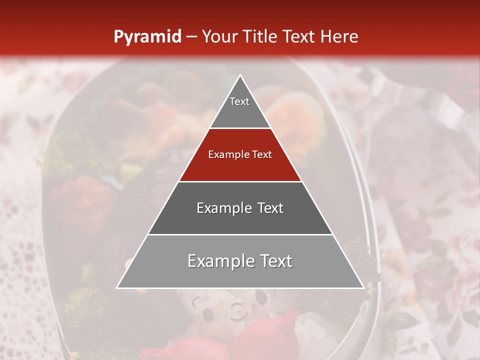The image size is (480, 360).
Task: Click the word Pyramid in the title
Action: pos(147,37)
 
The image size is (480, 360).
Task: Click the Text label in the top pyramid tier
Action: pos(239,101)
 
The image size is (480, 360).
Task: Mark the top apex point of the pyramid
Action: pos(240,75)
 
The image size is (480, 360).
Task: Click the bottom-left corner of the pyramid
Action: pos(117,288)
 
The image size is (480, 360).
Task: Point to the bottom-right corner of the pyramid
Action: pos(363,288)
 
